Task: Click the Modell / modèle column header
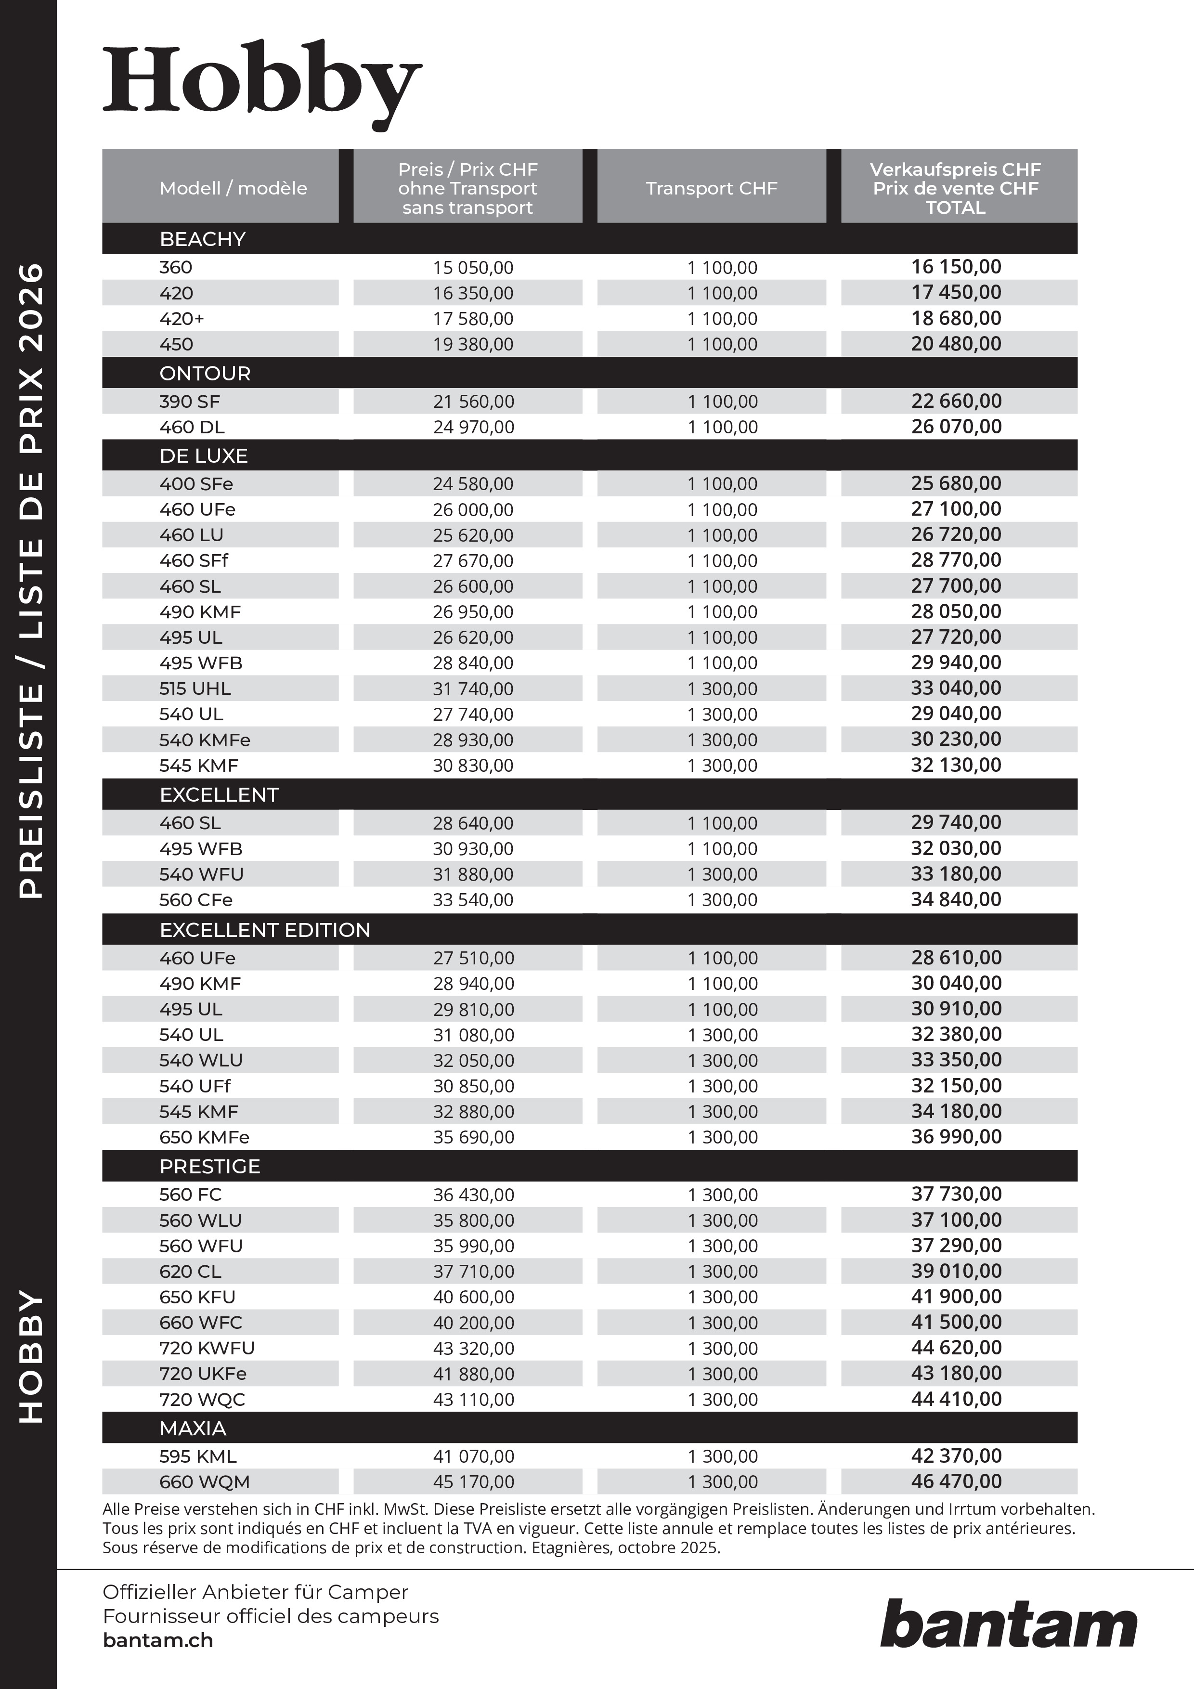[233, 188]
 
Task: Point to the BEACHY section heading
[202, 239]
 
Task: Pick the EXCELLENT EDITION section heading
[265, 930]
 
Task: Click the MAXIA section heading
[193, 1428]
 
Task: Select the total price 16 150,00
[956, 267]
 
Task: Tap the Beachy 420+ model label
[182, 319]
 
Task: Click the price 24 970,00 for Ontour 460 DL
[473, 427]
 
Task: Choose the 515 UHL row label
[195, 689]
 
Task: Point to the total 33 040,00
[956, 688]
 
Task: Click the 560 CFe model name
[195, 900]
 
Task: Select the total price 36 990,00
[956, 1137]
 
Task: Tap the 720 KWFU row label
[207, 1348]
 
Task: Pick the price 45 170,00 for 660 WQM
[473, 1481]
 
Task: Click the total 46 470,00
[956, 1481]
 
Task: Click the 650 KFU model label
[197, 1297]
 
